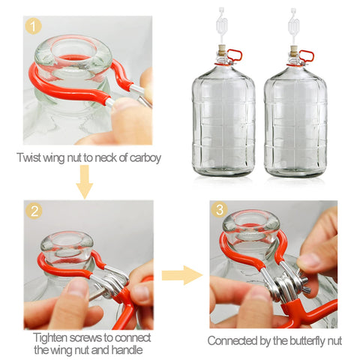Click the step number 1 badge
(x=33, y=26)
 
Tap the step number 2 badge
(x=34, y=211)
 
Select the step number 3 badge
(x=219, y=209)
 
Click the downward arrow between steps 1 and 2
(x=85, y=181)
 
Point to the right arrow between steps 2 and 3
(x=182, y=275)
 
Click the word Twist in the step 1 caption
(x=28, y=157)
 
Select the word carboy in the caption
(x=145, y=158)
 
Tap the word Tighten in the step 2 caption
(x=50, y=337)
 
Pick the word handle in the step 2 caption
(x=127, y=349)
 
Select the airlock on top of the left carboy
(x=222, y=26)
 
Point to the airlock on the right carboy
(x=293, y=26)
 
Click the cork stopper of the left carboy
(x=221, y=49)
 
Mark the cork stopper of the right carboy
(x=293, y=49)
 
